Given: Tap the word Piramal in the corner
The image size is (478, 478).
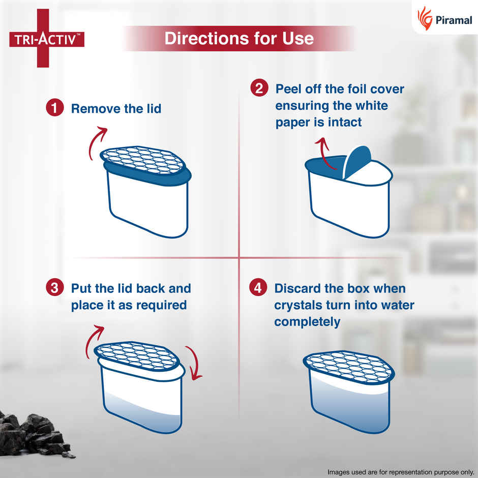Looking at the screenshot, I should tap(453, 20).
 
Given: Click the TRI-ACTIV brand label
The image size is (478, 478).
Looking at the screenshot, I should tap(46, 39).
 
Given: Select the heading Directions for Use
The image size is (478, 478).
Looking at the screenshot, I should tap(238, 39).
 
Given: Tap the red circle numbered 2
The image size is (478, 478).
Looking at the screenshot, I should tap(259, 89).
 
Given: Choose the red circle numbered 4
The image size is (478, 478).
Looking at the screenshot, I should tap(258, 288).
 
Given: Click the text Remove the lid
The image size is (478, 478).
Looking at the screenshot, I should tap(116, 108).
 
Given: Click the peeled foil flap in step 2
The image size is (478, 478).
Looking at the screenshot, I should tap(357, 160).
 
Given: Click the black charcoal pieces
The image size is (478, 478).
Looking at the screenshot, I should tap(36, 432).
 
